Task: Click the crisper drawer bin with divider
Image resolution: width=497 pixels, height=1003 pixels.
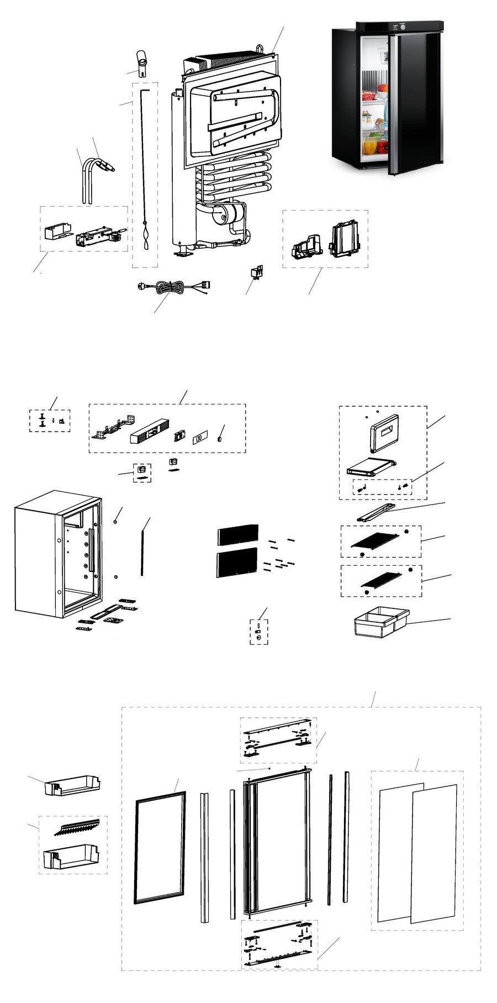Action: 381,622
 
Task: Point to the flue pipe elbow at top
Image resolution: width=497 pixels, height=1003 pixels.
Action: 142,64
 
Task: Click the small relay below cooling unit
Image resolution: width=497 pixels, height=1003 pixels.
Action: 256,272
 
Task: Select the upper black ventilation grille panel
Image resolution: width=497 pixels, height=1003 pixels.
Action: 238,533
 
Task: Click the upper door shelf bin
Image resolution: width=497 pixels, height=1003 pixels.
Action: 73,785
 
